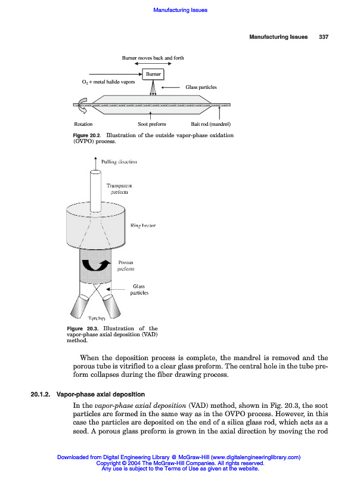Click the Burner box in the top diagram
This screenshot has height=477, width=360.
tap(153, 73)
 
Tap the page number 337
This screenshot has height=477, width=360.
tap(324, 37)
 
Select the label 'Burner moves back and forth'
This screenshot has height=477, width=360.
tap(153, 58)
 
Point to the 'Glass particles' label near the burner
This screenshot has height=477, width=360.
tap(201, 87)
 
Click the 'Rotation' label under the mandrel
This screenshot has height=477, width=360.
tap(83, 124)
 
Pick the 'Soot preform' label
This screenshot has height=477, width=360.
tap(152, 124)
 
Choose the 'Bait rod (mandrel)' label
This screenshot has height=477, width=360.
tap(210, 124)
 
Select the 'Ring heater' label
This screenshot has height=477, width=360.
tap(143, 225)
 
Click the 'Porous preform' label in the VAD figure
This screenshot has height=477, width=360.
tap(125, 266)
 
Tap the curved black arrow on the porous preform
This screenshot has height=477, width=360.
tap(96, 265)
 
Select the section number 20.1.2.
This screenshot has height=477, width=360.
tap(41, 394)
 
